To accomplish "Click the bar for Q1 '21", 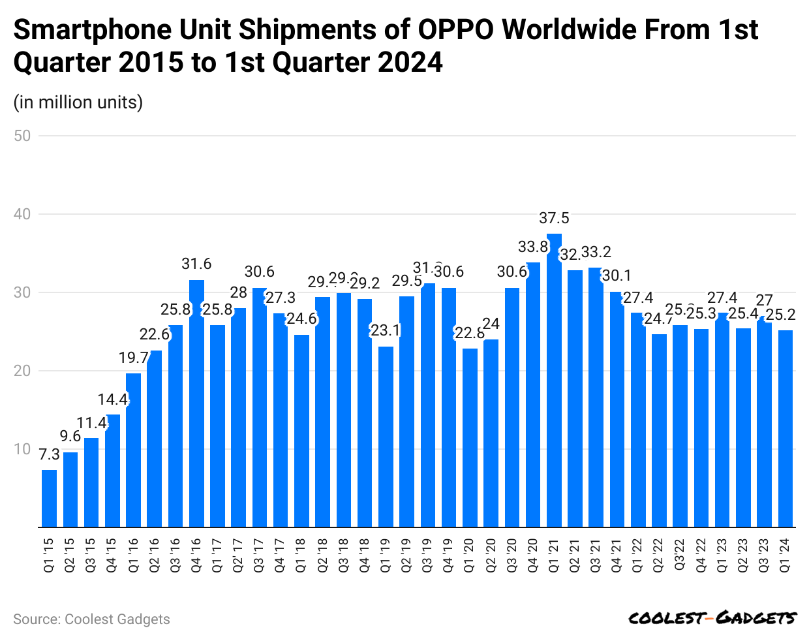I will (554, 380).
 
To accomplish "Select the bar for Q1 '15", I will (49, 498).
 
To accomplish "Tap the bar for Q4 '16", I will (196, 403).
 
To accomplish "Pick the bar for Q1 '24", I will (786, 428).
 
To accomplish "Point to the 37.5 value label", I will (554, 218).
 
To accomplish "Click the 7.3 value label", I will (49, 454).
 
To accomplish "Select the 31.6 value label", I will (196, 264).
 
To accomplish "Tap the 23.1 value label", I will (386, 330).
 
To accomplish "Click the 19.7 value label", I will (134, 358).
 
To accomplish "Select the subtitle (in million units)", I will (78, 102).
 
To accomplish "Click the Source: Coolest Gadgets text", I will (91, 619).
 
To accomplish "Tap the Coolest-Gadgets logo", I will (712, 618).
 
